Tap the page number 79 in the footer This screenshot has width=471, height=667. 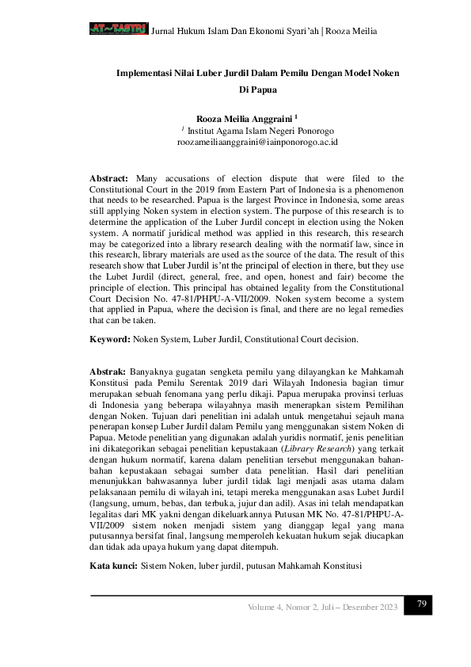pyautogui.click(x=422, y=604)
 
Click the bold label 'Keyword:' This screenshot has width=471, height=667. pyautogui.click(x=109, y=339)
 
